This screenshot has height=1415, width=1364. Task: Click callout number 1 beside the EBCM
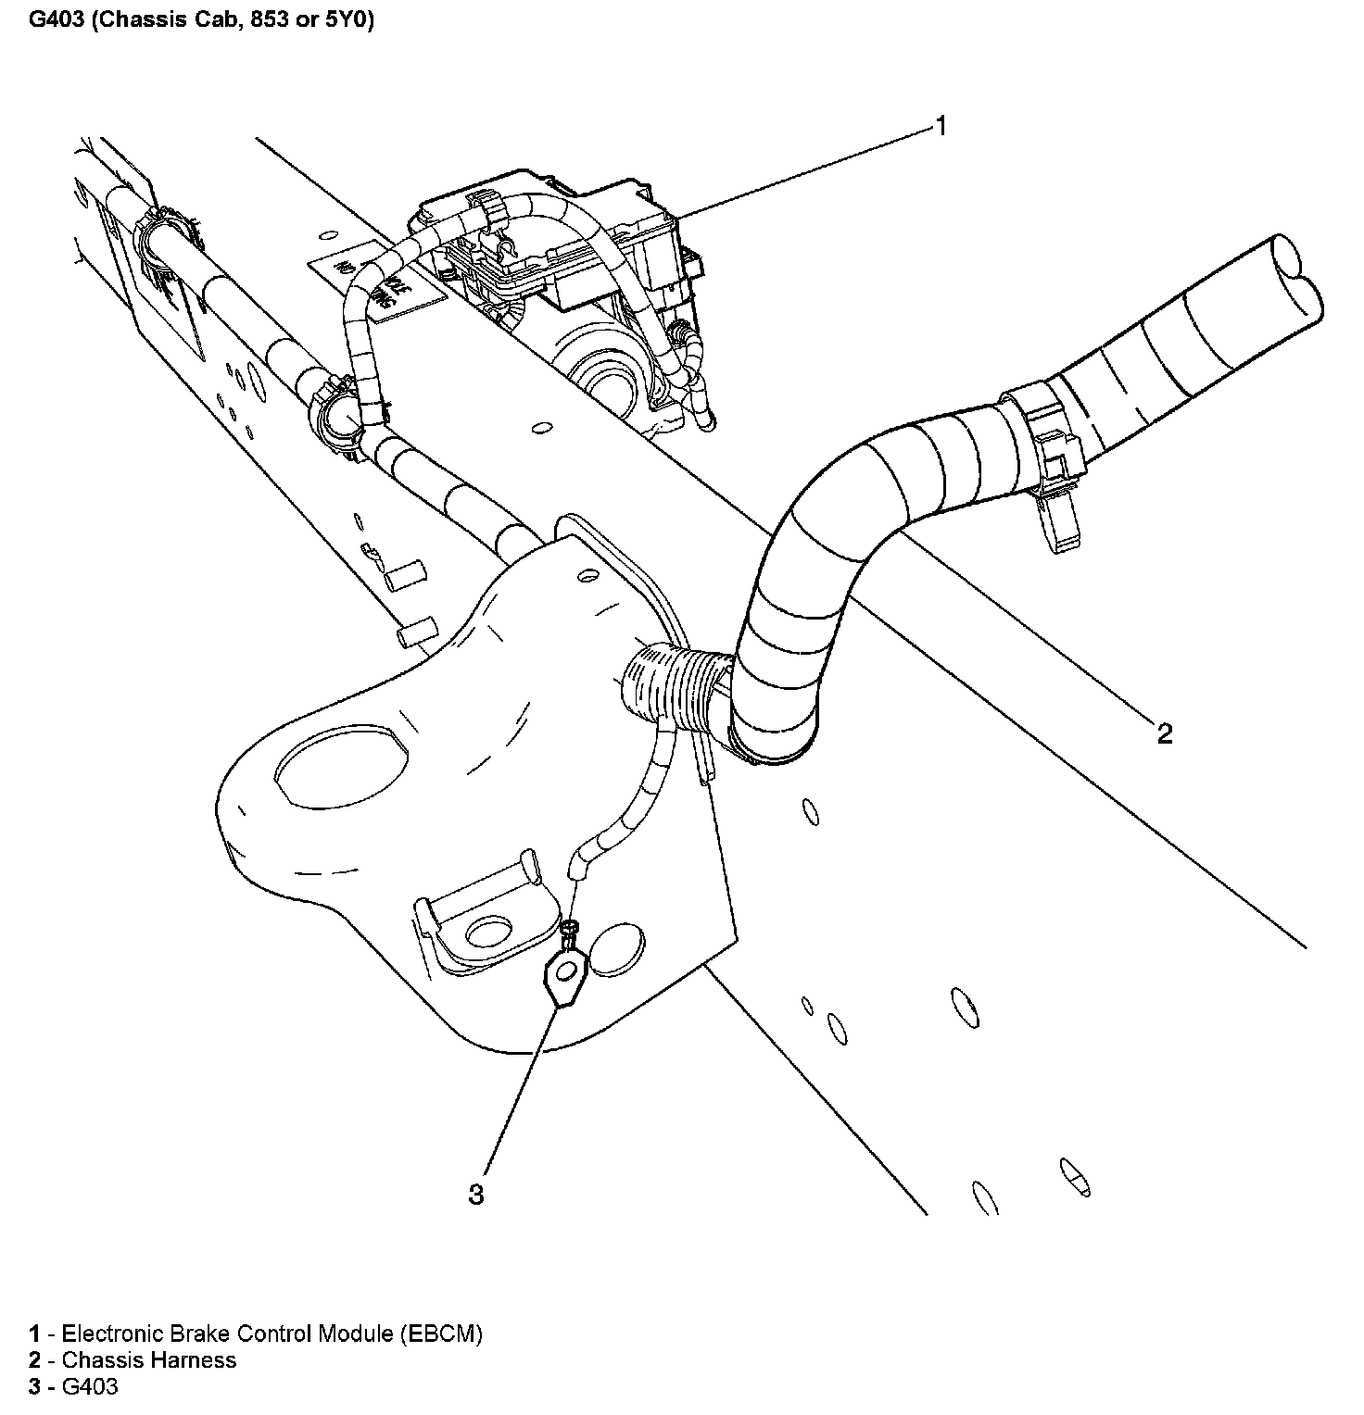point(940,126)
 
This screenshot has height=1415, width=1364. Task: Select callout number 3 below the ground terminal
point(475,1195)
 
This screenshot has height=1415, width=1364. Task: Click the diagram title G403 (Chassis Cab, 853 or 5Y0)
point(201,20)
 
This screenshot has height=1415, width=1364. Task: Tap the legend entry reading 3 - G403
point(74,1386)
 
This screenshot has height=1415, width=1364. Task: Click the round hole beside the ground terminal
point(616,947)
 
